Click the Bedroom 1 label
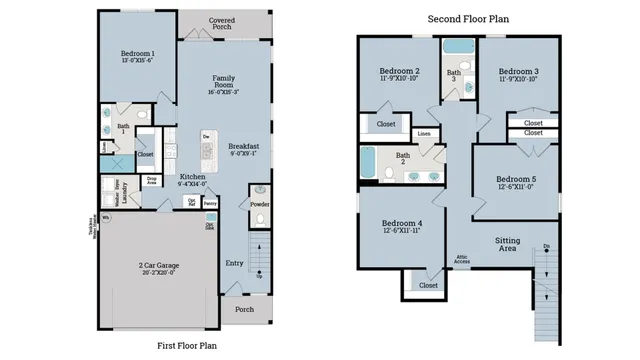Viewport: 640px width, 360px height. [x=138, y=53]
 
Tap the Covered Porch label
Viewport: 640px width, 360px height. [x=222, y=23]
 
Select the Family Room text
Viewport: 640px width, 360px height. [x=223, y=79]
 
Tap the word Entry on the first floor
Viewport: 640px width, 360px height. [x=234, y=264]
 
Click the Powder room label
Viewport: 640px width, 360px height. [x=259, y=204]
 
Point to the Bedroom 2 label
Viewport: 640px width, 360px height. [x=399, y=72]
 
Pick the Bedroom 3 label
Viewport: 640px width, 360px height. [x=518, y=72]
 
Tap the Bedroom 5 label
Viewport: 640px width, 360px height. [x=516, y=180]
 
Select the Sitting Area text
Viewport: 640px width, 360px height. [x=508, y=244]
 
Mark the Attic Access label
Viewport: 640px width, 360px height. [x=463, y=260]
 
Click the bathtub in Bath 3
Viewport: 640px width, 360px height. [x=459, y=47]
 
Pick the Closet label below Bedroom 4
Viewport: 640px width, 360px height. [x=428, y=285]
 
